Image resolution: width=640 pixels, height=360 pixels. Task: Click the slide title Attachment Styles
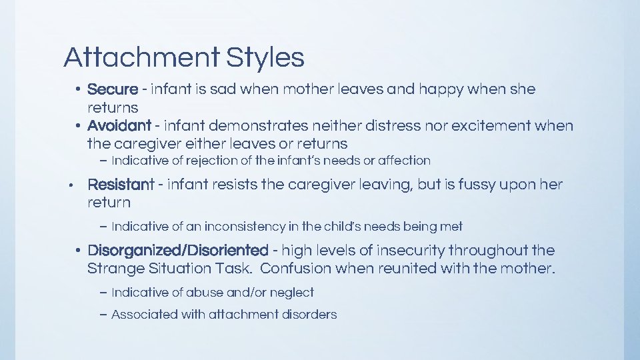[x=184, y=58]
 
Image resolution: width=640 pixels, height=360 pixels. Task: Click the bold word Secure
[x=112, y=89]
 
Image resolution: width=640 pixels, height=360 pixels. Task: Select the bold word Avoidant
[x=119, y=125]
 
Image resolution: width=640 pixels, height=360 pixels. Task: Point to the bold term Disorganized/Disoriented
[x=177, y=251]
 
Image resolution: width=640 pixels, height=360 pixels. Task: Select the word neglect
[x=292, y=293]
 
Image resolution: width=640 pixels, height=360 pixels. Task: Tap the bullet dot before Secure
[x=78, y=89]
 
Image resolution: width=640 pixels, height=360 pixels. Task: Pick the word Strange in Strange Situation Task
[x=114, y=269]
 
